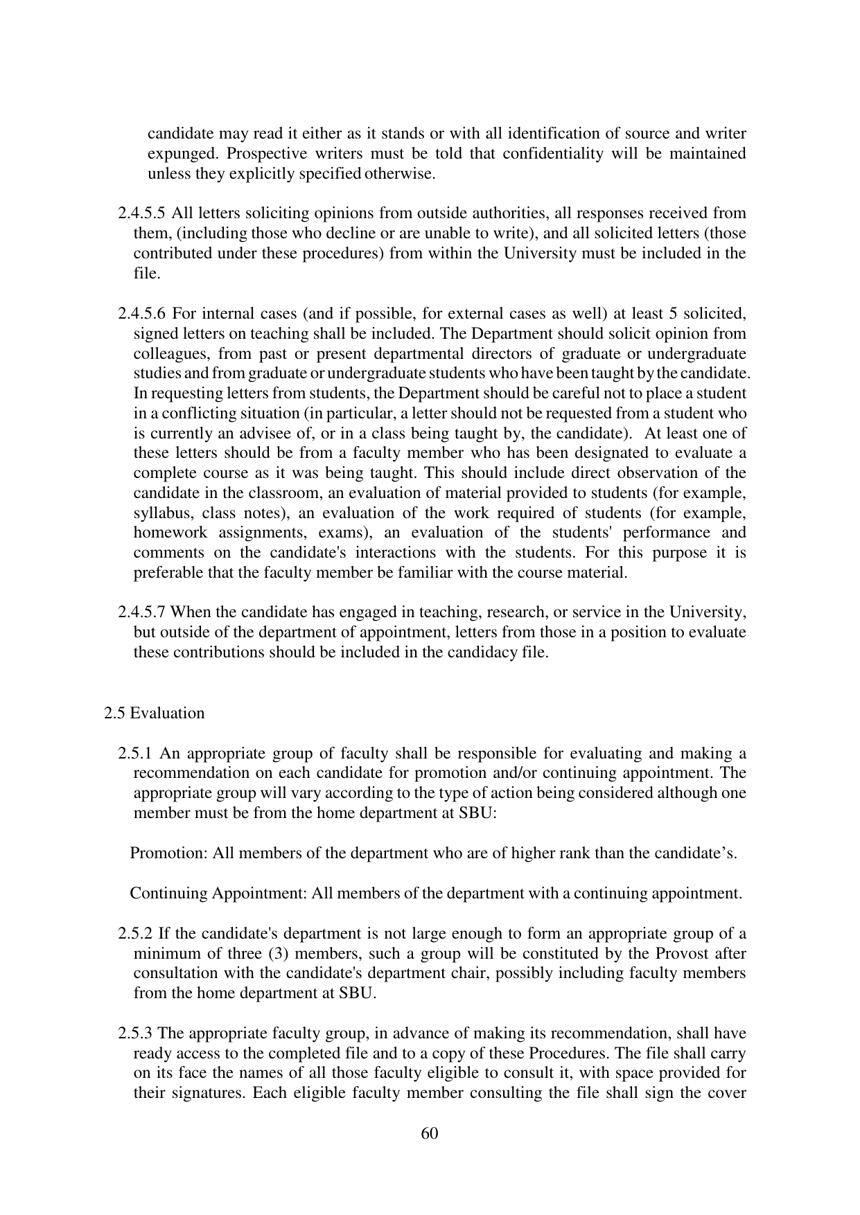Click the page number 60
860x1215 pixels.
pyautogui.click(x=429, y=1133)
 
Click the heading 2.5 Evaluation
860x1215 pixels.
pyautogui.click(x=155, y=713)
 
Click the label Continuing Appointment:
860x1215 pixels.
pyautogui.click(x=218, y=893)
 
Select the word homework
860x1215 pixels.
pyautogui.click(x=168, y=533)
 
